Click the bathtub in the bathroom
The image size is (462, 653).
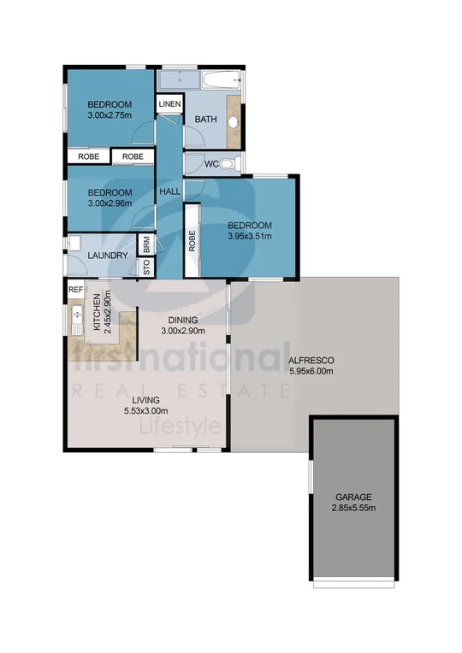[219, 81]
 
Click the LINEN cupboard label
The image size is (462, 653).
[169, 104]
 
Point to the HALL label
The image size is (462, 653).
[169, 192]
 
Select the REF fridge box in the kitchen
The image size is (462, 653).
[74, 290]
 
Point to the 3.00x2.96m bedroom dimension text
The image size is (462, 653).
[110, 203]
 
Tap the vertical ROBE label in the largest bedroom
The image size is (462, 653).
[193, 243]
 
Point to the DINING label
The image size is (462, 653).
[184, 320]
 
